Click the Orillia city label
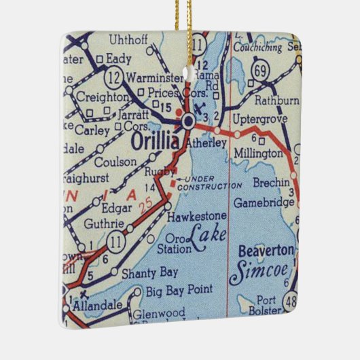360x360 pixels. tap(155, 144)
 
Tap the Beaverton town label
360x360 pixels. tap(266, 251)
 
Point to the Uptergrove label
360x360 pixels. tap(256, 120)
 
